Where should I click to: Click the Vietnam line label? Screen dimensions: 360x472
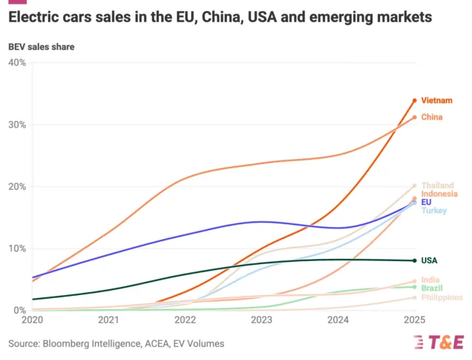pos(437,100)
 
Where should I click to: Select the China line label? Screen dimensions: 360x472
pos(432,117)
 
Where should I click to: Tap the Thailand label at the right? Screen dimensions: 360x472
pos(437,185)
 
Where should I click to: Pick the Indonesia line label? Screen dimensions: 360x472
pos(440,194)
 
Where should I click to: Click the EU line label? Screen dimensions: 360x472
pos(426,202)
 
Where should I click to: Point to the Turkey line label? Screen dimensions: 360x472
pos(433,211)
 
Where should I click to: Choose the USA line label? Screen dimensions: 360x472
pos(429,260)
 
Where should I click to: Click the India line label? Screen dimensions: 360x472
pos(431,280)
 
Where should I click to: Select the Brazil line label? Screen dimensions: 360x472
pos(432,288)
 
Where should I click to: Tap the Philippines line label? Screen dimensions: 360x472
pos(442,297)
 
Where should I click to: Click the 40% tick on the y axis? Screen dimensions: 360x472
pos(17,63)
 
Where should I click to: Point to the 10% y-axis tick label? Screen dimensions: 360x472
pos(17,249)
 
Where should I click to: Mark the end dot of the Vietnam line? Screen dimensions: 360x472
pos(414,100)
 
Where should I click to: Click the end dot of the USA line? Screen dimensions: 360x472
pos(414,260)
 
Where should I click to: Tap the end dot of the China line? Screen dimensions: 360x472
pos(414,117)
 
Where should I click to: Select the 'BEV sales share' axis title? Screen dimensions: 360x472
pos(41,47)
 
